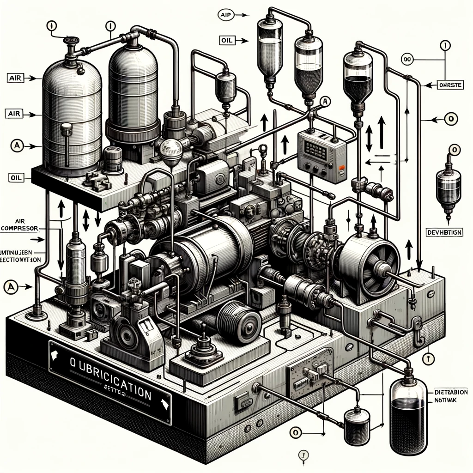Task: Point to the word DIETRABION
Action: point(451,392)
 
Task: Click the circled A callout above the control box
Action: point(325,101)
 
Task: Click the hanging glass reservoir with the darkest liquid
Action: point(358,79)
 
